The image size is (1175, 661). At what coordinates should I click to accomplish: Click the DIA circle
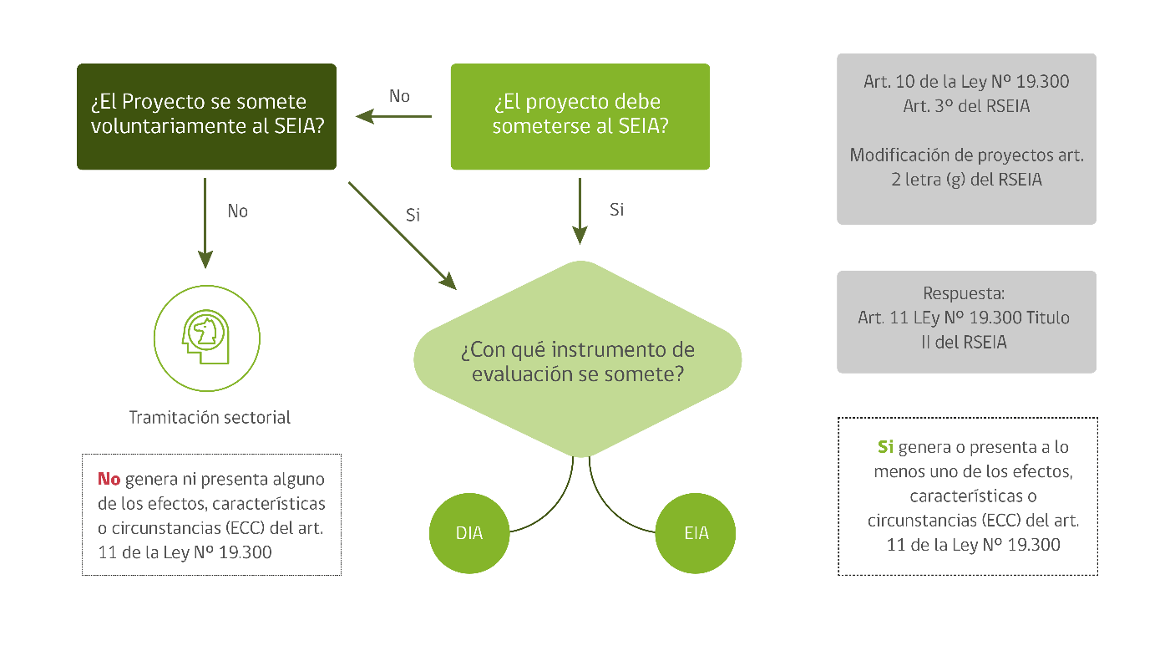(469, 533)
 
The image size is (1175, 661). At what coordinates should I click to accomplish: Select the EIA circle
(696, 533)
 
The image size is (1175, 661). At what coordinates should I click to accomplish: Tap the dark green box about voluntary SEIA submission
(206, 116)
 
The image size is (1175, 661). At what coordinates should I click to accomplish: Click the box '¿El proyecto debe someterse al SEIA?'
(580, 116)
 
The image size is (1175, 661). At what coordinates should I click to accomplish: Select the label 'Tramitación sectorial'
(210, 417)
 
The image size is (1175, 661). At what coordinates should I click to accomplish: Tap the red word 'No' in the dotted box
(109, 479)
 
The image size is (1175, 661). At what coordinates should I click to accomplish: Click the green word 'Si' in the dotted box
(885, 447)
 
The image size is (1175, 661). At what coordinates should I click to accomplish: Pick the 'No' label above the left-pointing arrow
(400, 96)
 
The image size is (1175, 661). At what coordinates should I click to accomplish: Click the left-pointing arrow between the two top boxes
(393, 116)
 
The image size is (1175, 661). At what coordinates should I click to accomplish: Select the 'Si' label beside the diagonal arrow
(413, 215)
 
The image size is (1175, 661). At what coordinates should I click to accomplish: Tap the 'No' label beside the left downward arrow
(238, 211)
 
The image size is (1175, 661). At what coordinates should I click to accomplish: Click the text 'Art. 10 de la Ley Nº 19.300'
(966, 82)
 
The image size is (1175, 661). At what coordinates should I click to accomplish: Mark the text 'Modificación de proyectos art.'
(966, 155)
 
